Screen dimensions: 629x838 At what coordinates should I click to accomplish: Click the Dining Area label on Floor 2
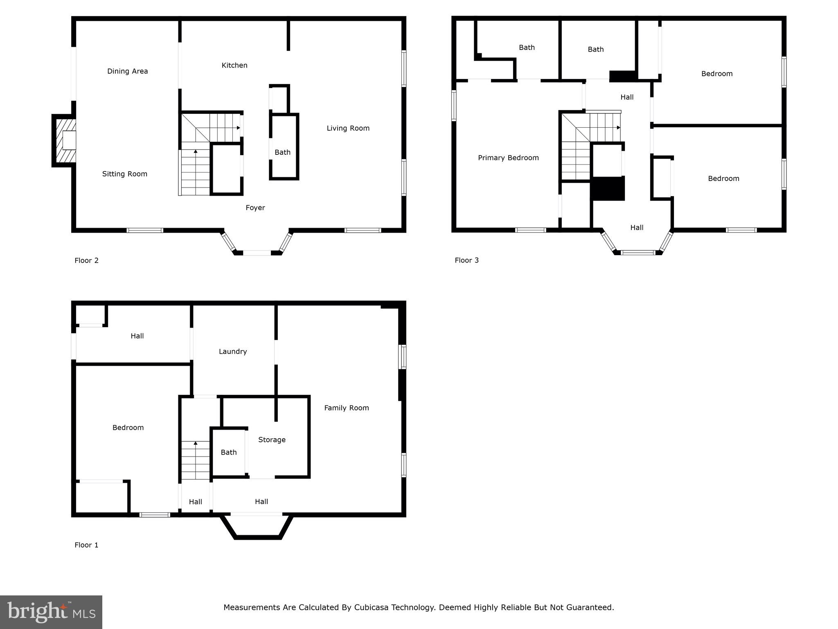tap(127, 71)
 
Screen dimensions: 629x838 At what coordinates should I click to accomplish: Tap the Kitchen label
tap(234, 66)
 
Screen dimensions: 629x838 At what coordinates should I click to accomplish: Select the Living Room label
tap(348, 129)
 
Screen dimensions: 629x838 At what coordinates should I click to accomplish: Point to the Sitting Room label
tap(124, 174)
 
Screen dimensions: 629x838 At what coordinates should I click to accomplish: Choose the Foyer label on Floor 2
tap(255, 208)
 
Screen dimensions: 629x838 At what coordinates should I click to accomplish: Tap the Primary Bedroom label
tap(508, 158)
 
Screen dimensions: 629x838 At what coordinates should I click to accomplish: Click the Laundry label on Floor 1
tap(232, 352)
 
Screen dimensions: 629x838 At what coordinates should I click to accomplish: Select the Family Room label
tap(346, 408)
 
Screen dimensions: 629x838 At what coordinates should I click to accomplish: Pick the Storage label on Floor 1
tap(272, 440)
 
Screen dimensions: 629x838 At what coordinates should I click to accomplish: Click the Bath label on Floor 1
tap(228, 453)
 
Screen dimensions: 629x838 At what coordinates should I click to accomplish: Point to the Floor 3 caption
tap(466, 260)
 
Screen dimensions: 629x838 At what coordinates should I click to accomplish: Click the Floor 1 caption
tap(86, 545)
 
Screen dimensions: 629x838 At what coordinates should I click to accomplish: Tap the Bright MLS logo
tap(51, 612)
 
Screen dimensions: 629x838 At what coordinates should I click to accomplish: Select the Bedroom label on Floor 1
tap(128, 428)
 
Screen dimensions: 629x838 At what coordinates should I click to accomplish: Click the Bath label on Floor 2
tap(282, 153)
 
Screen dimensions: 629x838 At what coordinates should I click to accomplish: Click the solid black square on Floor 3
tap(608, 189)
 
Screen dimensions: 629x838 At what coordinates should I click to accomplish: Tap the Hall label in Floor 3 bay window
tap(637, 228)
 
